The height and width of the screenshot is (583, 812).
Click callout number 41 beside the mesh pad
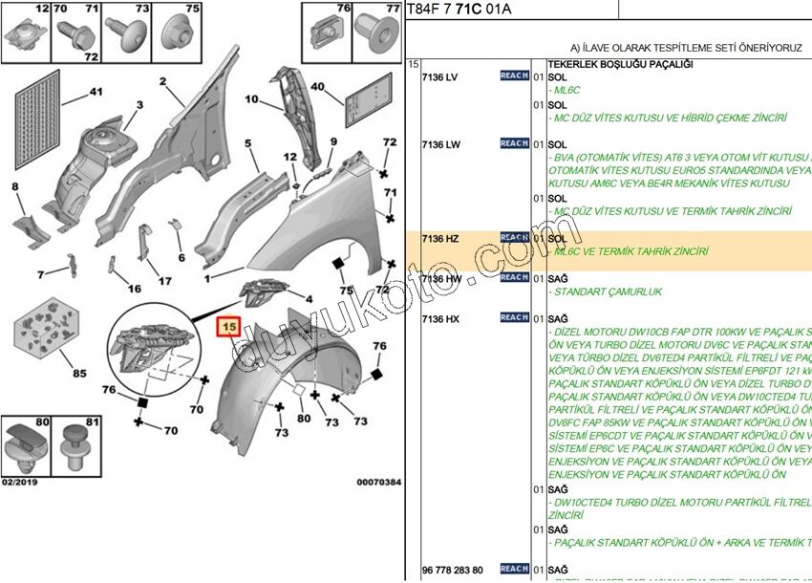[x=95, y=92]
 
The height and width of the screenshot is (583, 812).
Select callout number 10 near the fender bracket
[x=251, y=99]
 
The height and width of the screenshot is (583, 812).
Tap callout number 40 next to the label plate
[x=318, y=87]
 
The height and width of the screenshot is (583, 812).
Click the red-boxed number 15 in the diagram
[x=229, y=328]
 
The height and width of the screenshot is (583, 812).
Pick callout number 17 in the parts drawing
[x=165, y=281]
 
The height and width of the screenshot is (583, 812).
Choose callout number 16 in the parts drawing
[x=135, y=289]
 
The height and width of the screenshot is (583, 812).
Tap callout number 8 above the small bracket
[x=15, y=185]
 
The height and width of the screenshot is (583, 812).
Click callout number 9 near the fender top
[x=334, y=142]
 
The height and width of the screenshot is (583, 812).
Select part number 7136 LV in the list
[x=440, y=77]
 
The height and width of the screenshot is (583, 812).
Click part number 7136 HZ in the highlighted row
[x=440, y=238]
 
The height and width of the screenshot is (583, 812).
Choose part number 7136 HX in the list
[x=440, y=318]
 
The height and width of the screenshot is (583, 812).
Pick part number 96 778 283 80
[x=453, y=571]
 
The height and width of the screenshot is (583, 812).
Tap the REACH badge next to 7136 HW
[x=514, y=277]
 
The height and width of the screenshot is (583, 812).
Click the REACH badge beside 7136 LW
[x=514, y=143]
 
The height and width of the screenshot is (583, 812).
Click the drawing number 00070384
[x=379, y=483]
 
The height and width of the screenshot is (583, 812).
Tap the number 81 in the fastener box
[x=93, y=421]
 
